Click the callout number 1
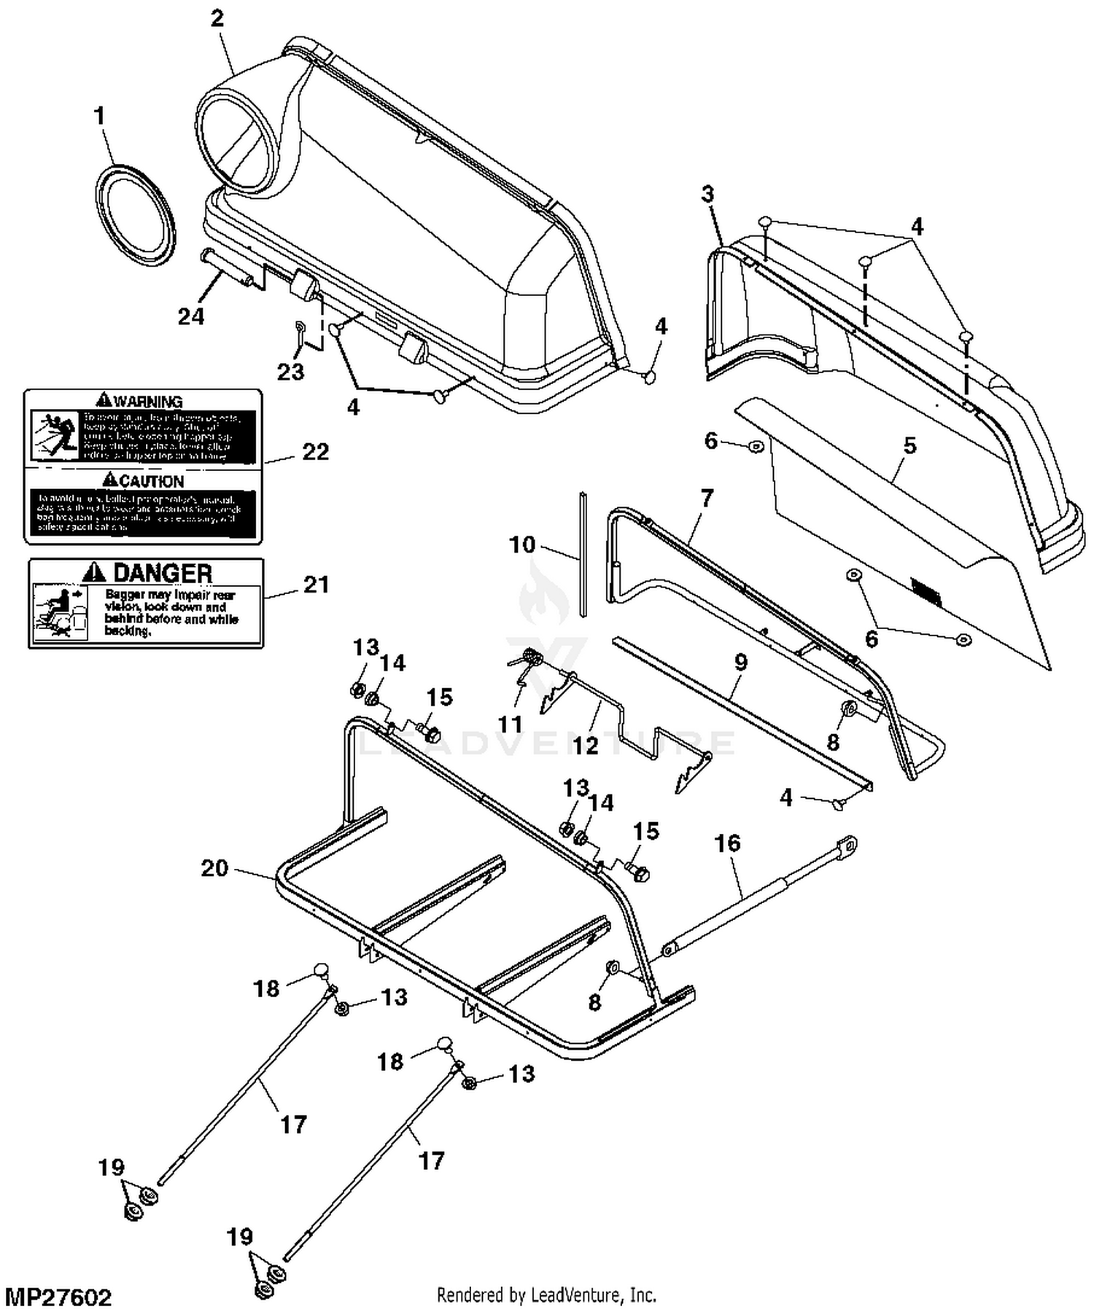click(99, 116)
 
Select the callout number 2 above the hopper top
click(217, 18)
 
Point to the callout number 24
click(191, 316)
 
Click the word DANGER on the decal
click(162, 573)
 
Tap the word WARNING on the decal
click(148, 402)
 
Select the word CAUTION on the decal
click(152, 481)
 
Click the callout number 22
click(315, 452)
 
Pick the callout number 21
click(316, 585)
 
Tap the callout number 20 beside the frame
click(214, 868)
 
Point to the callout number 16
click(727, 843)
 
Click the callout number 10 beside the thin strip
click(522, 544)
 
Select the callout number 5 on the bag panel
click(909, 445)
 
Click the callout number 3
click(707, 194)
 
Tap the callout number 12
click(586, 745)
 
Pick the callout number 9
click(741, 662)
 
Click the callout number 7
click(706, 499)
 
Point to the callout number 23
click(290, 372)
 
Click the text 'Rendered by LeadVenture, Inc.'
click(546, 1295)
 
